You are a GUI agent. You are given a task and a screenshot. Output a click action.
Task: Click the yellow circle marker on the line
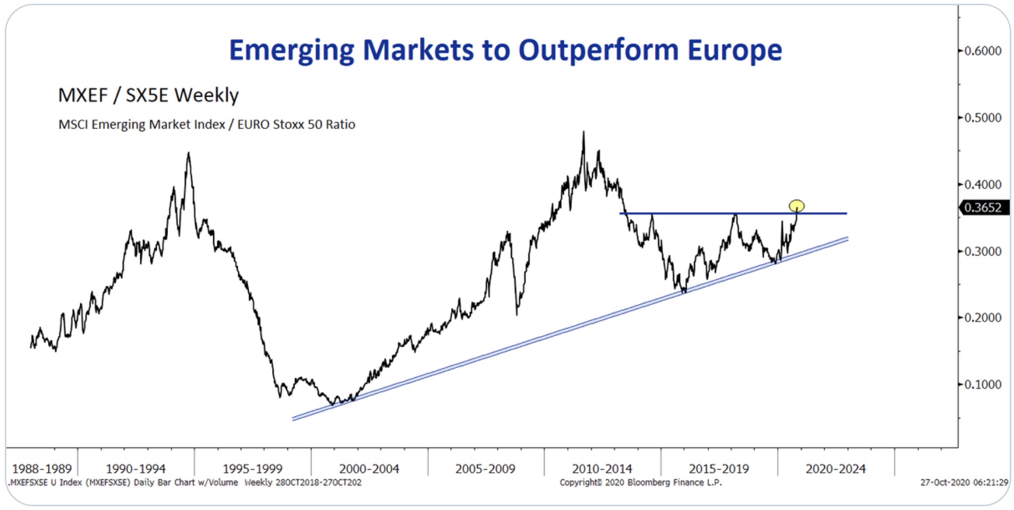pyautogui.click(x=796, y=206)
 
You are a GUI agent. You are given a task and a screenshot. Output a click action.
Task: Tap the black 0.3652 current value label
pyautogui.click(x=983, y=208)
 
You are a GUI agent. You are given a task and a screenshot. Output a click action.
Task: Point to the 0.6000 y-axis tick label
pyautogui.click(x=983, y=50)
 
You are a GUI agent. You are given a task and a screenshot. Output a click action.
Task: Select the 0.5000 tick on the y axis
pyautogui.click(x=983, y=117)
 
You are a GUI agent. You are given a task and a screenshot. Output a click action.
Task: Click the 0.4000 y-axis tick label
pyautogui.click(x=983, y=184)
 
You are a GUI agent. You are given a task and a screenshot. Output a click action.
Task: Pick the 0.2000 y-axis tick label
pyautogui.click(x=983, y=318)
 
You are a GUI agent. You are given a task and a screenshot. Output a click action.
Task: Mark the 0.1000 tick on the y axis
pyautogui.click(x=983, y=384)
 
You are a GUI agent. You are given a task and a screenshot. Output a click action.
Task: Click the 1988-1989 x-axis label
pyautogui.click(x=42, y=469)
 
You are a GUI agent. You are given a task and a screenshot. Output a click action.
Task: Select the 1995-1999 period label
pyautogui.click(x=252, y=469)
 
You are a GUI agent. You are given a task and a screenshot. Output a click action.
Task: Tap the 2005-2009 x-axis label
pyautogui.click(x=485, y=469)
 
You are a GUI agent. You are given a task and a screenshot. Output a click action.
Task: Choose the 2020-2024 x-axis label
pyautogui.click(x=835, y=469)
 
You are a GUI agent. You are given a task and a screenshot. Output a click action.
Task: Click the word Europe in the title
pyautogui.click(x=734, y=50)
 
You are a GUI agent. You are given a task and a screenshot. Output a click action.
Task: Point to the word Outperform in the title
pyautogui.click(x=598, y=50)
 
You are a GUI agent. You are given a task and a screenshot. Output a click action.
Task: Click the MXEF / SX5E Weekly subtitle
pyautogui.click(x=148, y=95)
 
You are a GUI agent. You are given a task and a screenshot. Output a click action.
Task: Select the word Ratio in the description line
pyautogui.click(x=340, y=124)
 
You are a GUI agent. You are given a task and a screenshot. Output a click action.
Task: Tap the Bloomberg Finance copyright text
pyautogui.click(x=640, y=482)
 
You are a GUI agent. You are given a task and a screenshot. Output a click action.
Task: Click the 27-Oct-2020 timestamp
pyautogui.click(x=964, y=482)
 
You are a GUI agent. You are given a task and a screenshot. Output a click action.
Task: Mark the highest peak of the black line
pyautogui.click(x=584, y=133)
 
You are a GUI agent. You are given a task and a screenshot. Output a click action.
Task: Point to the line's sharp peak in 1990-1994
pyautogui.click(x=188, y=154)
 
